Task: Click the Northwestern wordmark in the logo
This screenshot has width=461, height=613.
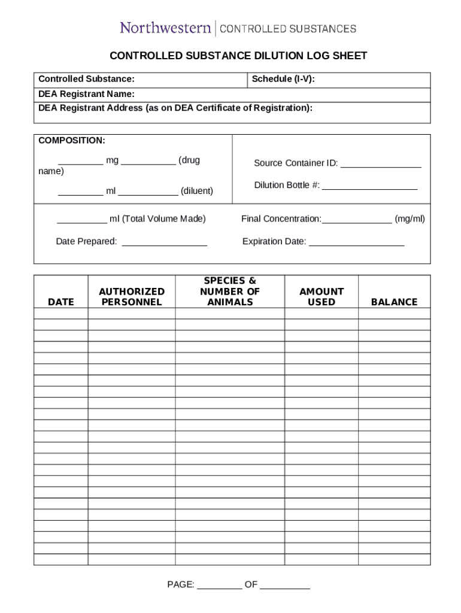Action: coord(165,28)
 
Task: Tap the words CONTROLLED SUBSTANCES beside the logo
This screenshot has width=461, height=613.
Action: coord(287,28)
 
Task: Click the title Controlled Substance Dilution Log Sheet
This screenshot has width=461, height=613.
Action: coord(238,56)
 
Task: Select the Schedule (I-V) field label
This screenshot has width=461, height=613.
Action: coord(283,79)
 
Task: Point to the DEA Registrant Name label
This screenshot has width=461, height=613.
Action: coord(86,94)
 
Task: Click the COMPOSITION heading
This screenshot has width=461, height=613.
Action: coord(72,140)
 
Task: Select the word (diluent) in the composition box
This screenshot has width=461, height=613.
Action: coord(197,191)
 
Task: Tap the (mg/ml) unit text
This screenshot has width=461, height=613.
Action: coord(410,219)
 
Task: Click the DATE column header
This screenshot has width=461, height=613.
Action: coord(61,302)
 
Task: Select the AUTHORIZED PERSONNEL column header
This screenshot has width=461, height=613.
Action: coord(132,296)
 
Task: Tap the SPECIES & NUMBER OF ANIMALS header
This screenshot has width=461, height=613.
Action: coord(230,292)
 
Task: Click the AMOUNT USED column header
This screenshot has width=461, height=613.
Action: coord(322,296)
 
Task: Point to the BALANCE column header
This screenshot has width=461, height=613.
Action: coord(394,302)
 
